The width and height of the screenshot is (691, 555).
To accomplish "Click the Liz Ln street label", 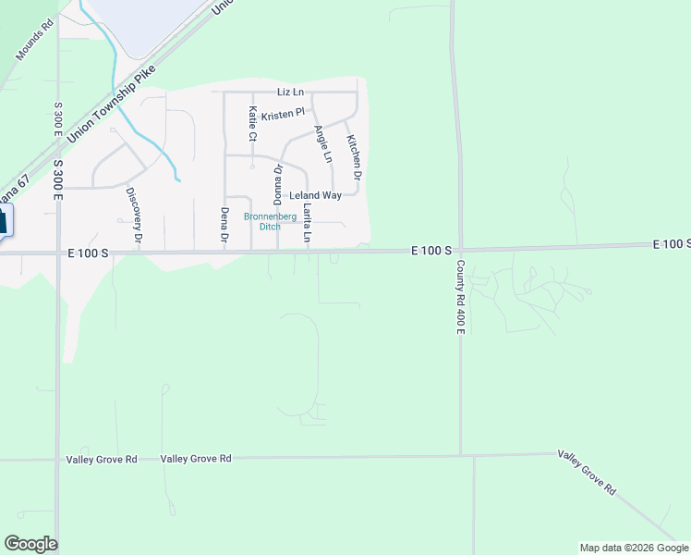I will click(x=290, y=92).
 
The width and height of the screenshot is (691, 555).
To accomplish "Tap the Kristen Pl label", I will click(x=283, y=115).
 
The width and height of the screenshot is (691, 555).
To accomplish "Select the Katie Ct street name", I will click(x=252, y=124).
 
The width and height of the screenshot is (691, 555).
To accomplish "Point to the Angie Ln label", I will click(x=322, y=144).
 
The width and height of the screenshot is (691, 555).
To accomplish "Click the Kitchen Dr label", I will click(x=353, y=156).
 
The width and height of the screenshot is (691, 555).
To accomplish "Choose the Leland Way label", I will click(x=315, y=196).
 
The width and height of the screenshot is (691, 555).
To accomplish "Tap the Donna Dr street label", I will click(x=277, y=185).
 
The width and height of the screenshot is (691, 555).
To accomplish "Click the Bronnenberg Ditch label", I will click(x=268, y=222).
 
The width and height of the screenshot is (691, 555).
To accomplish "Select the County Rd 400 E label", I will click(x=459, y=297).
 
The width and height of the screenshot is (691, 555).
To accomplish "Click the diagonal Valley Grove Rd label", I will click(x=586, y=474).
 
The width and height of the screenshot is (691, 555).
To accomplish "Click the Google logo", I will click(x=30, y=544).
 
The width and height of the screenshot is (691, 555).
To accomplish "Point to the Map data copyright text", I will click(x=634, y=548).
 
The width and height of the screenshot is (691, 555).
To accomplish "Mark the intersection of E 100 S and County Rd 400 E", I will click(x=456, y=250).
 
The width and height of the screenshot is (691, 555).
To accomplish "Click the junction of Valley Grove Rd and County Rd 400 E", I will click(x=461, y=456).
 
